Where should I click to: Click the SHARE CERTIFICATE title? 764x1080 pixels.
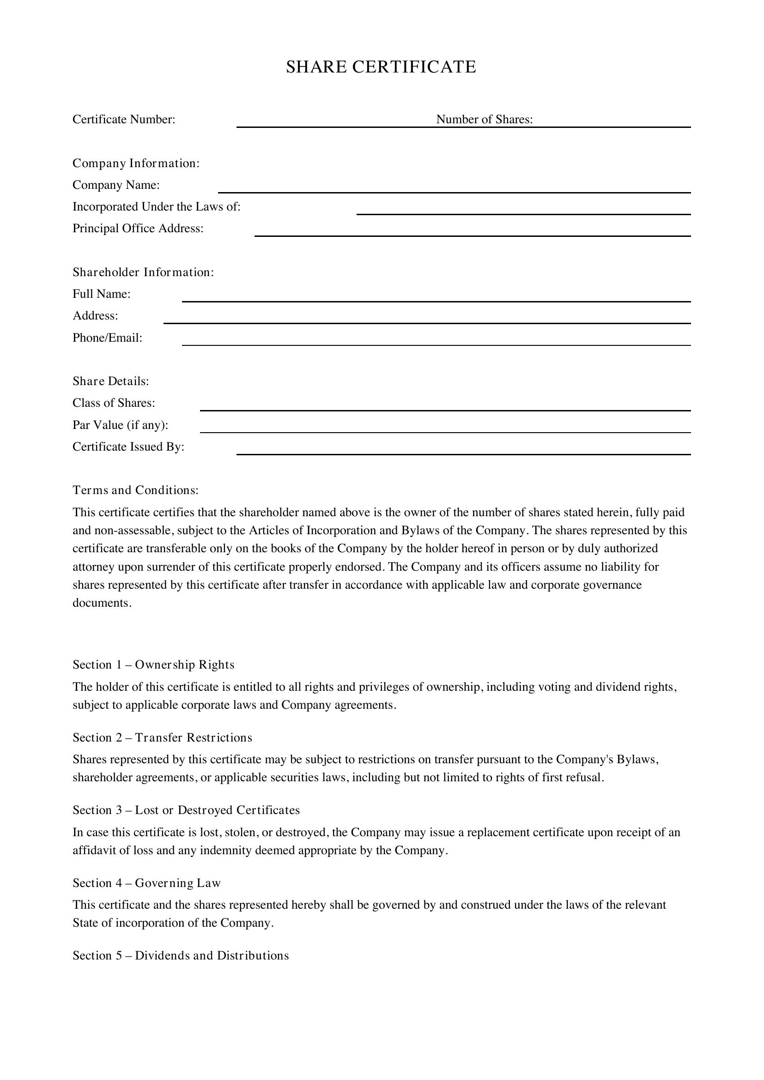[381, 67]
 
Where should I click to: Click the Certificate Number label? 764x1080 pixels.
[124, 120]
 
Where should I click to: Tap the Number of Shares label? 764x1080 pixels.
[484, 120]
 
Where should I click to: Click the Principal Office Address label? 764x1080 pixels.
[138, 229]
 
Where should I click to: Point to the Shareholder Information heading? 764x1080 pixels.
[143, 272]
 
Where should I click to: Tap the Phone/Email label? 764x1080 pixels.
[107, 338]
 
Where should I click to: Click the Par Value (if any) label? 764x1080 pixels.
[121, 425]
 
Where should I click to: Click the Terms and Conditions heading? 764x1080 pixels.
[135, 490]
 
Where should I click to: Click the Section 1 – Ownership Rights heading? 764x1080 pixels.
[153, 664]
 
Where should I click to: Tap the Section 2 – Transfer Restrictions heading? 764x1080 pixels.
[162, 737]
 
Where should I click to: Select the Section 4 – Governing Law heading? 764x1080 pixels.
[146, 883]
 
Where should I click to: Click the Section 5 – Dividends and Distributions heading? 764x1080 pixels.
[181, 956]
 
